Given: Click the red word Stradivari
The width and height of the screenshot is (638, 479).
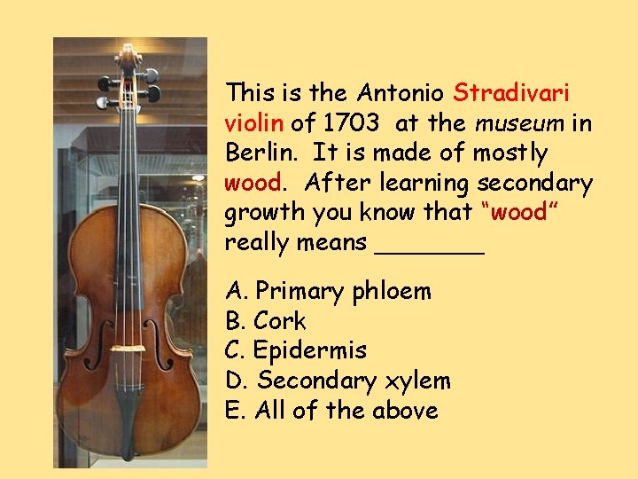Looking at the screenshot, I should click(511, 92).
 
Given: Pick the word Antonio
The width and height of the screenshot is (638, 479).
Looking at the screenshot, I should click(402, 92).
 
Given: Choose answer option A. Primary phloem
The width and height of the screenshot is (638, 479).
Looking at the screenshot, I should click(329, 291).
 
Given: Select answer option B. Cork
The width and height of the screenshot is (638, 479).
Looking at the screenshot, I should click(266, 321).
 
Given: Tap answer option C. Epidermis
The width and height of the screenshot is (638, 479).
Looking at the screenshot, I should click(296, 350).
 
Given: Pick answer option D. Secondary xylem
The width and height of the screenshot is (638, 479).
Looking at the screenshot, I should click(338, 381).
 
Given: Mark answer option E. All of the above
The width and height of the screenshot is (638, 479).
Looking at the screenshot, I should click(332, 411).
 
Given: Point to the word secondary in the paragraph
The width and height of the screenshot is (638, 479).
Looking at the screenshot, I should click(535, 183).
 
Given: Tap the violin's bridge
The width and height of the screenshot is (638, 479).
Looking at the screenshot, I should click(128, 349).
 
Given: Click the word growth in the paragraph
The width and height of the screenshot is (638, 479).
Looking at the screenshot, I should click(264, 213).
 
